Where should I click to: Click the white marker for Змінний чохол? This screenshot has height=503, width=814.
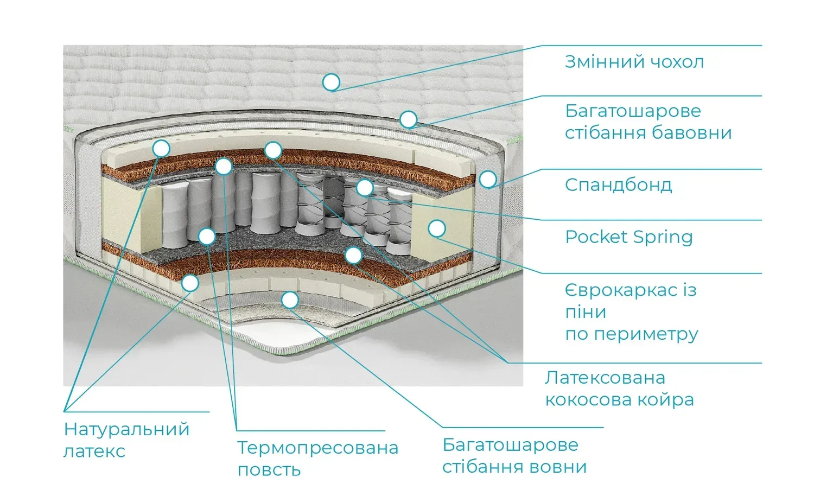tap(331, 82)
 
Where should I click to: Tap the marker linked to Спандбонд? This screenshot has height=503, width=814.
tap(488, 179)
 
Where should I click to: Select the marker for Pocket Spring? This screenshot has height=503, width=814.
tap(365, 188)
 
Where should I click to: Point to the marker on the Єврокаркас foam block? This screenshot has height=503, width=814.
tap(436, 228)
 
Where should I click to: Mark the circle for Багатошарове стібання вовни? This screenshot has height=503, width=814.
tap(290, 299)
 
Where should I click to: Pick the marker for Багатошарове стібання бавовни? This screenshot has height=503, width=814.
tap(408, 119)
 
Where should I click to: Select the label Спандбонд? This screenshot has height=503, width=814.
tap(618, 185)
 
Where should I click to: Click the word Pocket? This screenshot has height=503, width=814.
tap(596, 237)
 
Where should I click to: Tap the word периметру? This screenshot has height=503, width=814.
tap(646, 334)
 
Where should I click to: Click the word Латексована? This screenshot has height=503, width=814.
tap(605, 378)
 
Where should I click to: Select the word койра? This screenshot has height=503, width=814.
tap(669, 400)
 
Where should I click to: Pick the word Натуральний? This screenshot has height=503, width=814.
tap(126, 429)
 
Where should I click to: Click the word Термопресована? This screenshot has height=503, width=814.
tap(317, 448)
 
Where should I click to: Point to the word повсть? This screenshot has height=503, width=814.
tap(269, 470)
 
